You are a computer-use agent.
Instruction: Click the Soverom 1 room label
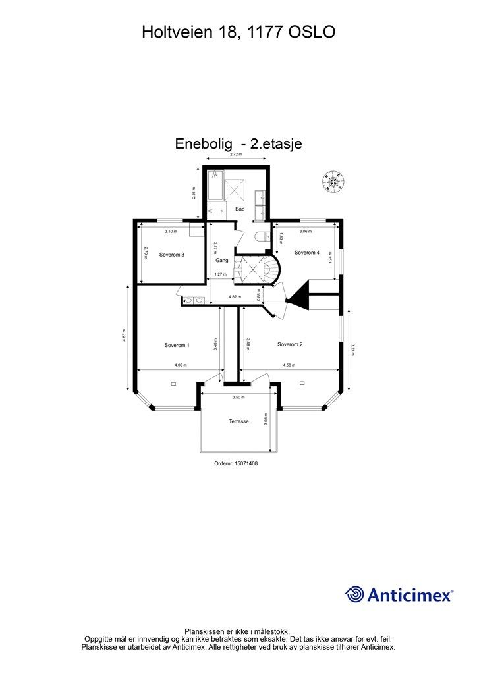click(177, 344)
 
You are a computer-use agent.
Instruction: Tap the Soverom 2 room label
click(290, 344)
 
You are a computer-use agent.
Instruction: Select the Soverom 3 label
click(172, 255)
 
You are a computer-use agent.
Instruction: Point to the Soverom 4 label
click(307, 253)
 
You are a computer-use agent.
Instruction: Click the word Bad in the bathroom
click(240, 209)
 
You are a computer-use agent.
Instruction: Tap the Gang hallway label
click(221, 261)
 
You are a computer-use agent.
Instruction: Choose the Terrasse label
click(238, 421)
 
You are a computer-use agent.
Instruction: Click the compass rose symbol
click(334, 180)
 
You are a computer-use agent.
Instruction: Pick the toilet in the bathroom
click(261, 236)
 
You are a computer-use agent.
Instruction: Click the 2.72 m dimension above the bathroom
click(235, 155)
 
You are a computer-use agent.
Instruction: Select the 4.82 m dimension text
click(235, 297)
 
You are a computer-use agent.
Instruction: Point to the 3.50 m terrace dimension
click(238, 398)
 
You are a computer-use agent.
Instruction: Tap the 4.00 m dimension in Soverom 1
click(181, 365)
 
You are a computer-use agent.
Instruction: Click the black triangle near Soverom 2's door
click(300, 294)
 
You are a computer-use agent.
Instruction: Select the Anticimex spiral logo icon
click(354, 594)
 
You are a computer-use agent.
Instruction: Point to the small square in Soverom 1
click(173, 383)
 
